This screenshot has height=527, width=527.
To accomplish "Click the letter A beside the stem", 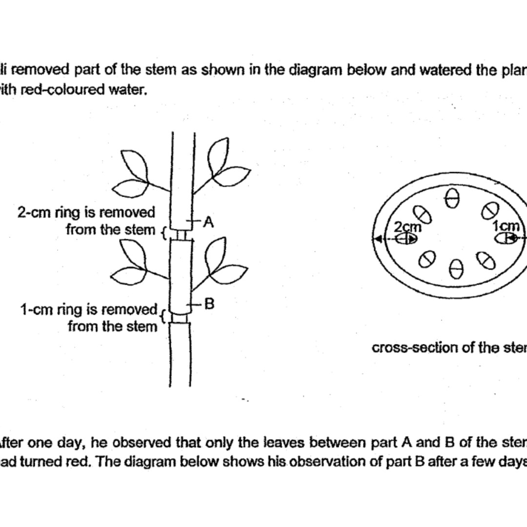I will (209, 223).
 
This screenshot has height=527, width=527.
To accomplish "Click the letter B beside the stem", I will (209, 304).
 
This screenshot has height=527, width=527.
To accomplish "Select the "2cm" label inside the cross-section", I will (406, 227).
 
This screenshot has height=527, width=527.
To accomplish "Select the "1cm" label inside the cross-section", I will (505, 226).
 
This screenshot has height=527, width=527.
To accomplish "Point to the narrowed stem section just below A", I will (181, 236).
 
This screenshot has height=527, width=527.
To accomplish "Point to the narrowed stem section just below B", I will (180, 318).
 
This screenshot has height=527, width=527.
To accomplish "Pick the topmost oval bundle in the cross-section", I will (452, 198).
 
